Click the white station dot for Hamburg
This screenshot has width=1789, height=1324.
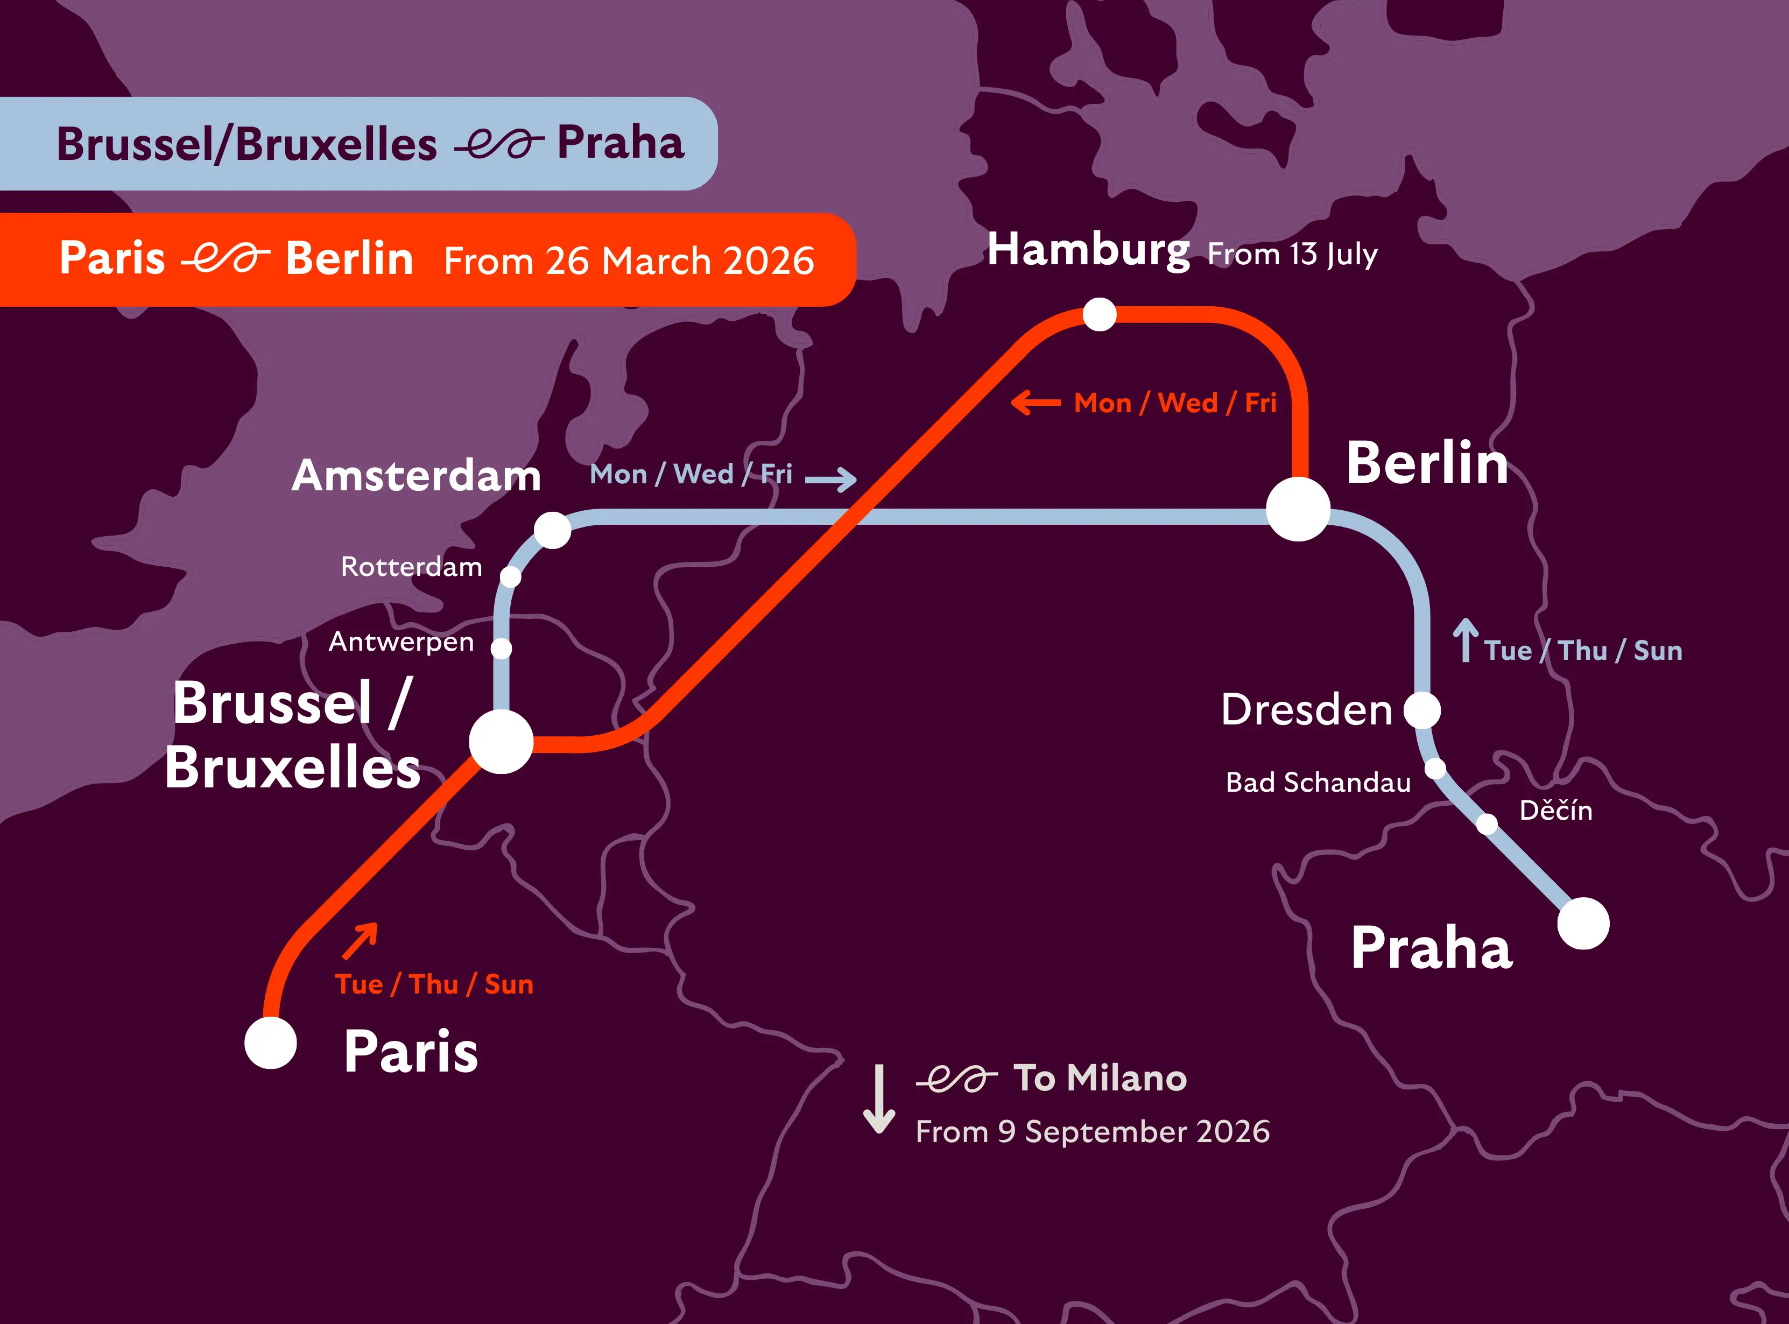click(1099, 314)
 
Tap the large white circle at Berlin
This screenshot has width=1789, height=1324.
click(1298, 510)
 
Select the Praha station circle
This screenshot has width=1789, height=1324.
click(1583, 923)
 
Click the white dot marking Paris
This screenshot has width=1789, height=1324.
click(271, 1043)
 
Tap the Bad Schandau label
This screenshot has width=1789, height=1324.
click(1318, 782)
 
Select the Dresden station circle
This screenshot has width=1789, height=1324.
click(1422, 710)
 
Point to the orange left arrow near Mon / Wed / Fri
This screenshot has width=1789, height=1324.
click(1036, 403)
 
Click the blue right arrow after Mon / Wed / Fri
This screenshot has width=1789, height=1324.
click(831, 479)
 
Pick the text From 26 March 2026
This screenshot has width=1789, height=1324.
click(629, 261)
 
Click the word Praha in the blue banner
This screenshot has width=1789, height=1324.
click(621, 144)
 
